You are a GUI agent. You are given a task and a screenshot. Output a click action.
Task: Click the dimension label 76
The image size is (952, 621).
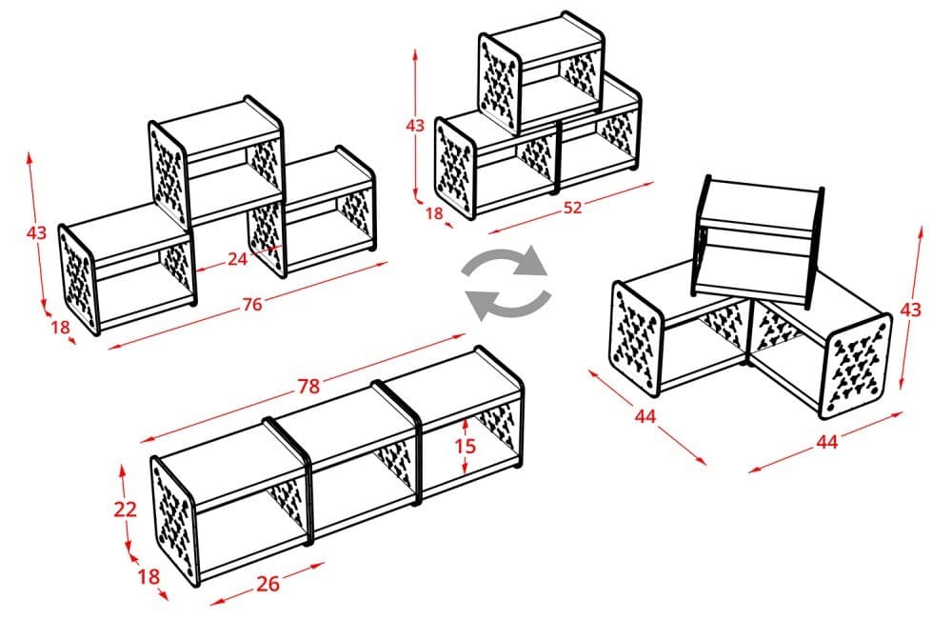[252, 305]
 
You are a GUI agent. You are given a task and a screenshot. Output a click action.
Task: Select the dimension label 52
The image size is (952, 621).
[572, 208]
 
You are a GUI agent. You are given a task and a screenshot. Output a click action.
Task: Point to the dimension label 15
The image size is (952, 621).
[464, 445]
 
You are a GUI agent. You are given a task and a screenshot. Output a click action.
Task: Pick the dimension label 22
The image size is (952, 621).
[126, 509]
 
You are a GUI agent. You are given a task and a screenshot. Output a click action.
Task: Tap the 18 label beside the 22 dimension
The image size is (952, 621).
[149, 576]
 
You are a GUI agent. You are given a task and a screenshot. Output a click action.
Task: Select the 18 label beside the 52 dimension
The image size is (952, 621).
[434, 213]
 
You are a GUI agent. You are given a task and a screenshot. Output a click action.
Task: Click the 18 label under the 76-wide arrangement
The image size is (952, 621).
[60, 328]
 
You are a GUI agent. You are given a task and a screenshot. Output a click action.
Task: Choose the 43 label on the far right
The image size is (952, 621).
[911, 310]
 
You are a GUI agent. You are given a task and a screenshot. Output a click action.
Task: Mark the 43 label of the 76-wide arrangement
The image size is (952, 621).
[36, 232]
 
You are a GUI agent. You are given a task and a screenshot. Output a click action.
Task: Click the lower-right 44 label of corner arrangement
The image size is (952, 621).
[826, 442]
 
